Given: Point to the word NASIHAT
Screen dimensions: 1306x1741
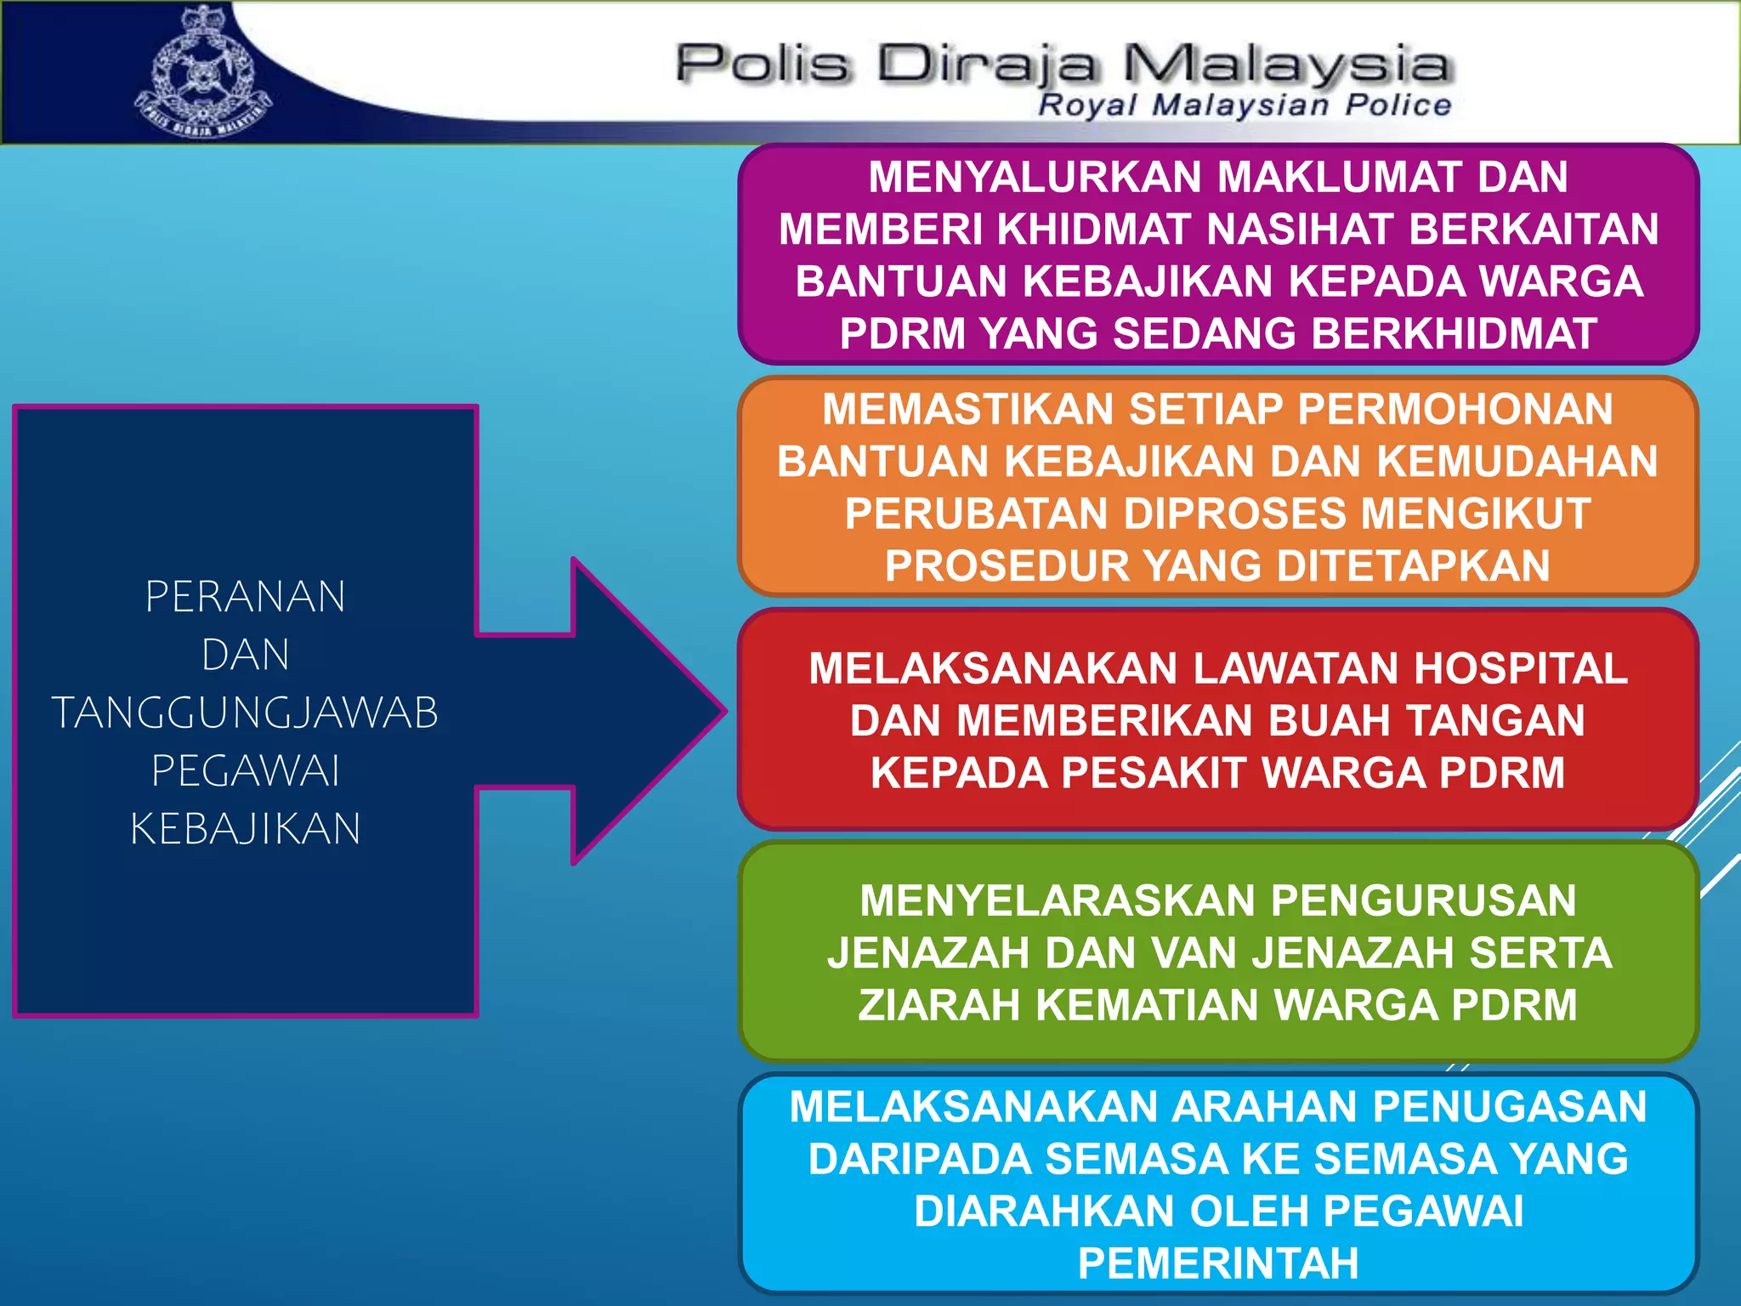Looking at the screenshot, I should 1299,230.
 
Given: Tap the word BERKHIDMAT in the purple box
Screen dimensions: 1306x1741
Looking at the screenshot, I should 1454,333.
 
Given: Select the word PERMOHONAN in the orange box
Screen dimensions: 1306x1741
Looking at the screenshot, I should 1455,409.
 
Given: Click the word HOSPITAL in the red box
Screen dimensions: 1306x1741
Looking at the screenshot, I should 1520,668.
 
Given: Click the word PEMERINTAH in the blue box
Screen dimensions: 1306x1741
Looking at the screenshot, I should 1218,1263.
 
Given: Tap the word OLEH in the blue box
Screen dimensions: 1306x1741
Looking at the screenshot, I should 1248,1211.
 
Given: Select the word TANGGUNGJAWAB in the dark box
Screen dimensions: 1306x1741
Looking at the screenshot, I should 245,713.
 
